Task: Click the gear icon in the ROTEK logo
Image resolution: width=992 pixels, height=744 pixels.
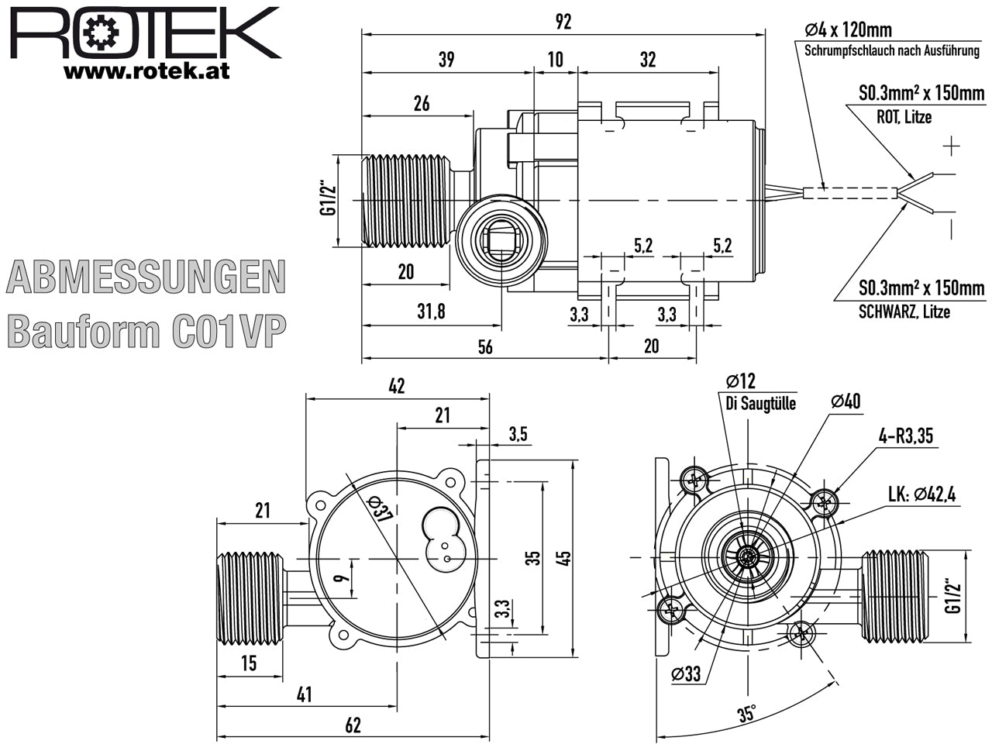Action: pyautogui.click(x=102, y=33)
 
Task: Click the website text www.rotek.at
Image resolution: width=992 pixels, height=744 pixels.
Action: pyautogui.click(x=146, y=71)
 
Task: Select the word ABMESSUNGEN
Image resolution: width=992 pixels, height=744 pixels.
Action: pyautogui.click(x=146, y=277)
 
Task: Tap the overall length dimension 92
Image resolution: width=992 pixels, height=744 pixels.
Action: pyautogui.click(x=563, y=22)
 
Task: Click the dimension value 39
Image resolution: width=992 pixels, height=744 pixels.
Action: pyautogui.click(x=446, y=59)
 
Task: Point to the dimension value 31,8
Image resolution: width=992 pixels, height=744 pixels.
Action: pyautogui.click(x=431, y=312)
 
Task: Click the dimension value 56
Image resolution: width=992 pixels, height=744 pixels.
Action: pyautogui.click(x=485, y=347)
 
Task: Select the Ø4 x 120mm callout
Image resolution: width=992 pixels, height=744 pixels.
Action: pyautogui.click(x=849, y=29)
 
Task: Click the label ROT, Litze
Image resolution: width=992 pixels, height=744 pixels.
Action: pyautogui.click(x=904, y=117)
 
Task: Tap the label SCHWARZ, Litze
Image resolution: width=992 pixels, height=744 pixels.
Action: pyautogui.click(x=904, y=312)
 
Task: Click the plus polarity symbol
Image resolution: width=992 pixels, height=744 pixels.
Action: pyautogui.click(x=952, y=146)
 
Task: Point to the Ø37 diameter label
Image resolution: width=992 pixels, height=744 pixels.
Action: pyautogui.click(x=379, y=509)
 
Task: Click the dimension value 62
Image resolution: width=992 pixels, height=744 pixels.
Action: pyautogui.click(x=353, y=725)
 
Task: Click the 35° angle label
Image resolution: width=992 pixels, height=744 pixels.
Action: pyautogui.click(x=747, y=715)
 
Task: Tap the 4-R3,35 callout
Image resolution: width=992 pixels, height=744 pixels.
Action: pyautogui.click(x=906, y=436)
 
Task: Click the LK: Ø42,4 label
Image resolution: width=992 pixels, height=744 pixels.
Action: pyautogui.click(x=922, y=494)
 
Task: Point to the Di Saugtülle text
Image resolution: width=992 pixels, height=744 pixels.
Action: pyautogui.click(x=760, y=404)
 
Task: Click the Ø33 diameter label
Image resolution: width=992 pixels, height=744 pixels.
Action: pyautogui.click(x=686, y=674)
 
